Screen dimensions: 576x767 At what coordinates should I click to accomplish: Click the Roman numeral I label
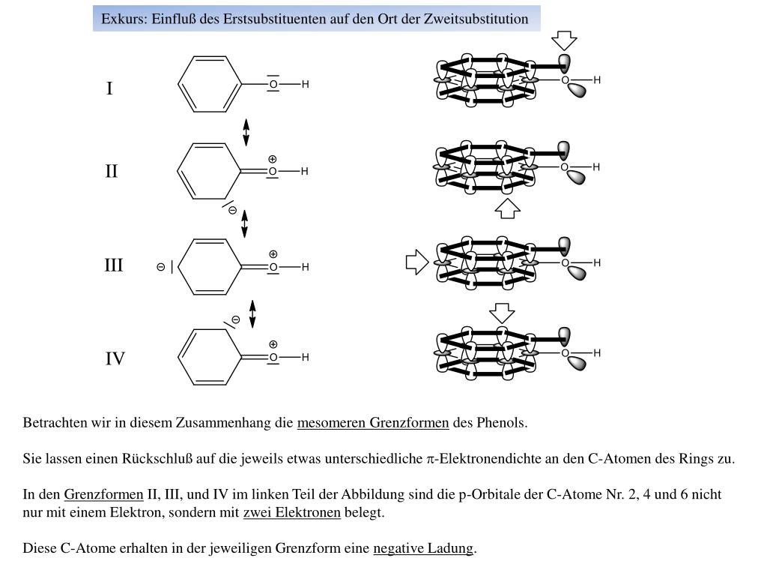109,89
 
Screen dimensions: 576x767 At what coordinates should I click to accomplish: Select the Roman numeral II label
112,172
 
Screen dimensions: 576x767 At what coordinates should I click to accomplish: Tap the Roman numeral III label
114,265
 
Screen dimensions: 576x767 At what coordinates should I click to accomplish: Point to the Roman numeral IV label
115,359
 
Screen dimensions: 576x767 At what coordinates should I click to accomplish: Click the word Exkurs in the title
124,19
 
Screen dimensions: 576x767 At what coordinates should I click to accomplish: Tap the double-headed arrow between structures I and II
246,132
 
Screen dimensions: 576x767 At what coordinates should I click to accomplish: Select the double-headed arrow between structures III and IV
252,314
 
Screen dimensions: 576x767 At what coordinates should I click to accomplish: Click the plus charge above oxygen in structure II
273,159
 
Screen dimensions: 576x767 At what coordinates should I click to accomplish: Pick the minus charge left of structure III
161,267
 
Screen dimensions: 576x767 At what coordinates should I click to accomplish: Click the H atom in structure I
306,85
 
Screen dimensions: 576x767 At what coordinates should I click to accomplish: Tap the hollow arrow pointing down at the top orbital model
563,40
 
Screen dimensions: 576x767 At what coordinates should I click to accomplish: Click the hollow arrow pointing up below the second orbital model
508,208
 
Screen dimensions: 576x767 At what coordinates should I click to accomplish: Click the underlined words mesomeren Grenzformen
373,423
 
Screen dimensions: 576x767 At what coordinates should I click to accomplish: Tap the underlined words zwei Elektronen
292,513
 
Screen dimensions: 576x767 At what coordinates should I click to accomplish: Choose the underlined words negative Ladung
423,548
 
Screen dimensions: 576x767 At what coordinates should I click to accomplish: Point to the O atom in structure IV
273,357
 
